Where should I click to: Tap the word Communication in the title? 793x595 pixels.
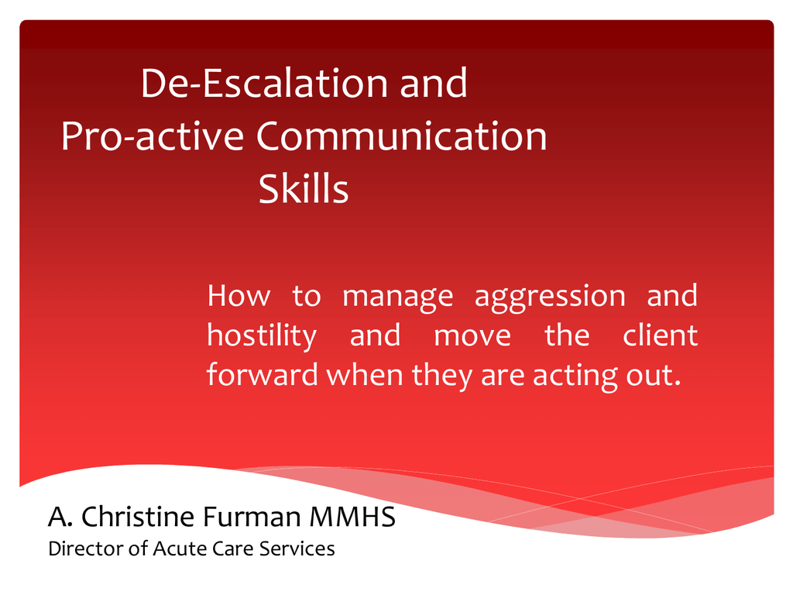[402, 136]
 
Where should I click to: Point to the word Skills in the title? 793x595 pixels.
[304, 188]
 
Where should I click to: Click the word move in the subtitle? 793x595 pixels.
[472, 336]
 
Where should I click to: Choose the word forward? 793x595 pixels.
[262, 374]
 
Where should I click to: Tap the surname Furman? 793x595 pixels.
[252, 517]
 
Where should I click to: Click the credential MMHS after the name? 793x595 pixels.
[352, 517]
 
